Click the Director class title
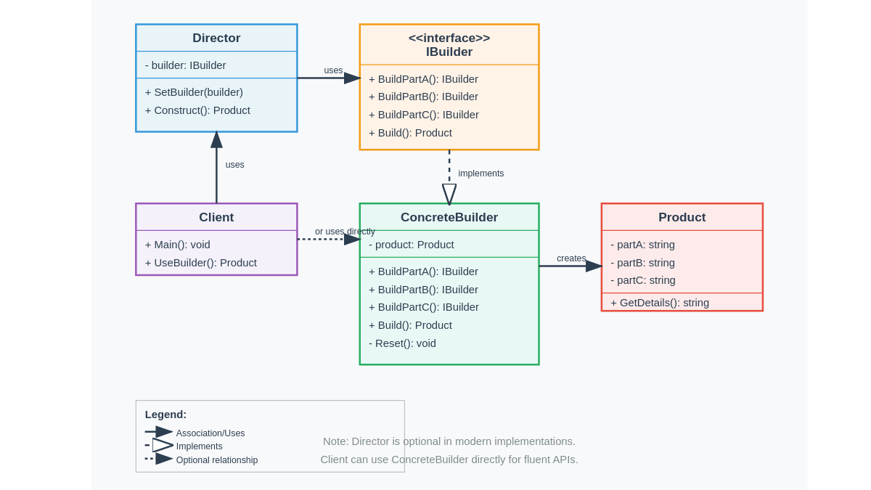click(216, 38)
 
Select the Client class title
click(216, 217)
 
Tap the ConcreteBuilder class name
click(449, 217)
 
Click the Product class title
click(682, 217)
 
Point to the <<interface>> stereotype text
click(449, 38)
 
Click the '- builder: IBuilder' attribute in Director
click(185, 65)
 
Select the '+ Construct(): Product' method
click(197, 110)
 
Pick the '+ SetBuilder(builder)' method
click(194, 92)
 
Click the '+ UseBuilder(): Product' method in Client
click(200, 263)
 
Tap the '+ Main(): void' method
click(177, 245)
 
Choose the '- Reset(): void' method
click(402, 343)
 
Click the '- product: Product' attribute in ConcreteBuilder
click(411, 245)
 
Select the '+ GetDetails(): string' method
click(660, 303)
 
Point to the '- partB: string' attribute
click(642, 263)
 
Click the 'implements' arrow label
click(481, 173)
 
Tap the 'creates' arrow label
click(571, 258)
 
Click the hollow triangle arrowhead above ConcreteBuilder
click(449, 194)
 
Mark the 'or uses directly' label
click(345, 232)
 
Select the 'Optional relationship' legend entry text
click(217, 460)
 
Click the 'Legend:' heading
click(165, 415)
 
